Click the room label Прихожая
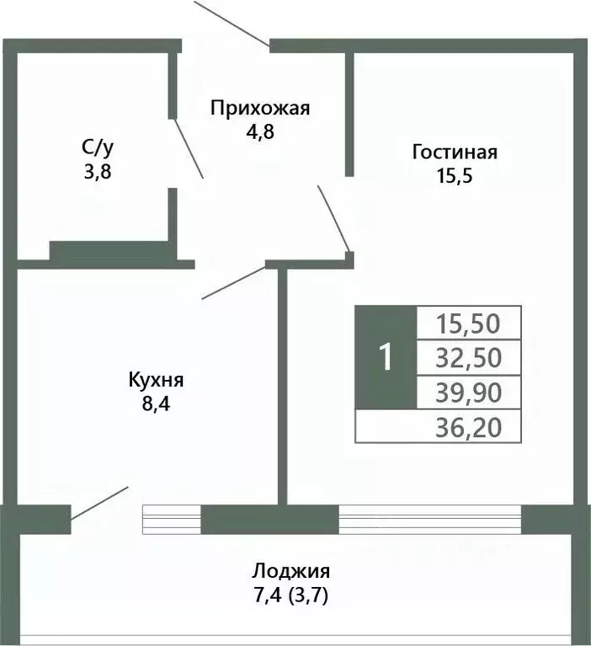click(260, 108)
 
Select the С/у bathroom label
click(97, 148)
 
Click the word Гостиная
click(455, 152)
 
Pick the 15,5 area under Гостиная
click(455, 176)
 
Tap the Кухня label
click(156, 379)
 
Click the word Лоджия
click(290, 570)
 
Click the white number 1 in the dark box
click(386, 358)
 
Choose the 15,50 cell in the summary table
click(469, 322)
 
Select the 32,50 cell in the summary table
click(469, 358)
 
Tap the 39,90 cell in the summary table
click(469, 392)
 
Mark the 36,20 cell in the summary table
click(469, 428)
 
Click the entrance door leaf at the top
click(232, 24)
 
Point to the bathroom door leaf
click(188, 147)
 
